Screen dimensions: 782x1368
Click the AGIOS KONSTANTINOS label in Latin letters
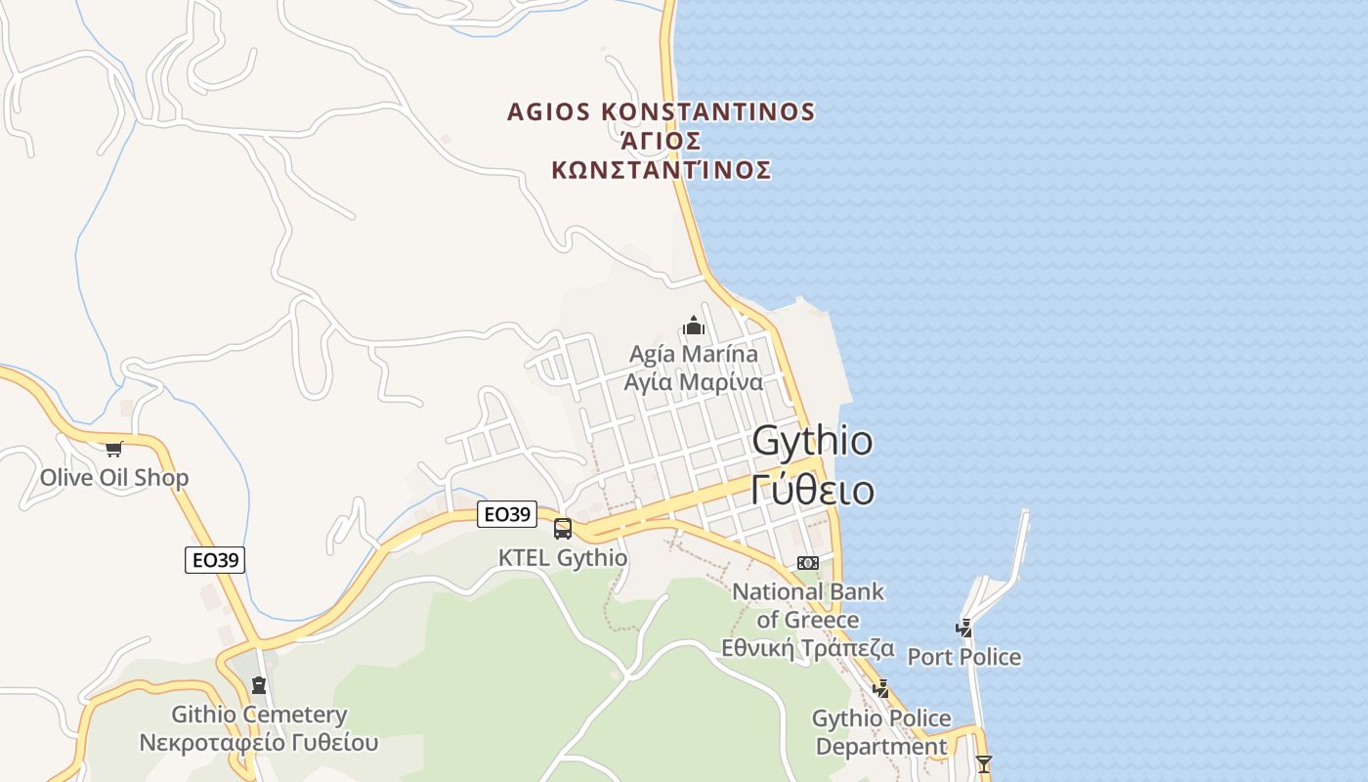coord(661,111)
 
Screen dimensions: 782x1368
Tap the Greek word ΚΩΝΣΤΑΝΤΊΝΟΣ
coord(662,170)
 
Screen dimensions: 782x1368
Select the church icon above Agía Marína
coord(694,326)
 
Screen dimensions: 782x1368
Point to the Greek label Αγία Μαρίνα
coord(694,381)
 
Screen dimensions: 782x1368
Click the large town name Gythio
coord(812,441)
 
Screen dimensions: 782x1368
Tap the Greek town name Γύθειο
coord(812,489)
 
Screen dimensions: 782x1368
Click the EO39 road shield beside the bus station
coord(507,514)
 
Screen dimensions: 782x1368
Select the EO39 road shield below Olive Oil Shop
coord(215,560)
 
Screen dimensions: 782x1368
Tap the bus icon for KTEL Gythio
coord(563,529)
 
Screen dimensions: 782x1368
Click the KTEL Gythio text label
coord(563,558)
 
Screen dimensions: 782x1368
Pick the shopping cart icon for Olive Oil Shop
coord(114,450)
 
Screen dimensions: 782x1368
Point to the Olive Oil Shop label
coord(114,478)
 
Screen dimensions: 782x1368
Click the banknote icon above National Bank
coord(808,563)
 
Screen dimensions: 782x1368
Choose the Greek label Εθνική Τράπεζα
coord(808,647)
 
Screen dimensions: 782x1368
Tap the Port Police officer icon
coord(964,629)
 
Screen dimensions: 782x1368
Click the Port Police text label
coord(964,657)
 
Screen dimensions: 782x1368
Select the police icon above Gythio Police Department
coord(880,689)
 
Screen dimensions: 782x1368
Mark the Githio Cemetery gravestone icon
coord(259,685)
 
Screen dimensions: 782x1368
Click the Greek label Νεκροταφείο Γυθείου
coord(259,742)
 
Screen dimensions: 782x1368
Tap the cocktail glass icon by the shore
coord(984,763)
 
